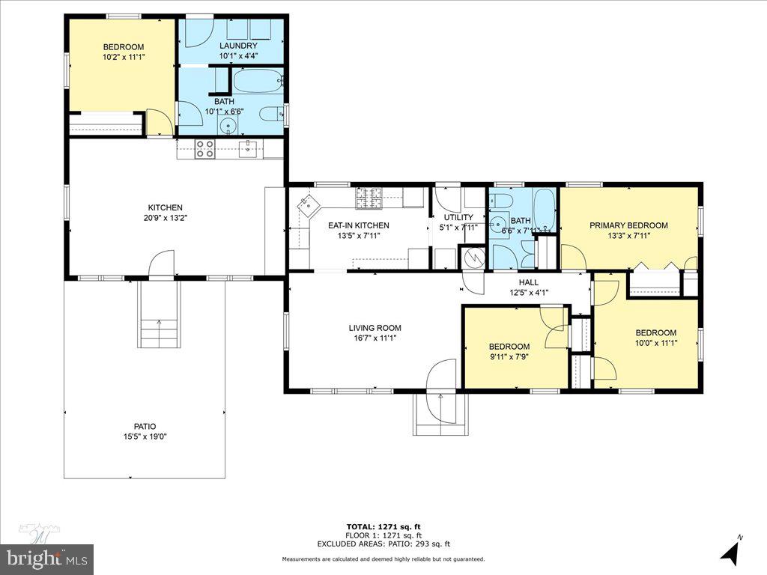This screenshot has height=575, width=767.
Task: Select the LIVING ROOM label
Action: click(375, 328)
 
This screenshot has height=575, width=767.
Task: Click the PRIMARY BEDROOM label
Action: click(628, 225)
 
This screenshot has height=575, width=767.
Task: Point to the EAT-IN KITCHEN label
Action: click(358, 225)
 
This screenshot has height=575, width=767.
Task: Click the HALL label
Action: click(528, 282)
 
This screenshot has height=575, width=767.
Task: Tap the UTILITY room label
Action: click(458, 218)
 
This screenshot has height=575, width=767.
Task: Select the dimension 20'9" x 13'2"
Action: click(165, 218)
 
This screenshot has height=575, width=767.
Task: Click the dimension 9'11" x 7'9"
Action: click(509, 356)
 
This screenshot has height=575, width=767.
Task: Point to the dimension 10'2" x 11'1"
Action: click(124, 56)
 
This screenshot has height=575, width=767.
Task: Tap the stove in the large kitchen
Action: click(205, 149)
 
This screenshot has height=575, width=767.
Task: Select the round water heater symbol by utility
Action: click(472, 258)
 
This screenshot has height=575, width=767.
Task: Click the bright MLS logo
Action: click(46, 558)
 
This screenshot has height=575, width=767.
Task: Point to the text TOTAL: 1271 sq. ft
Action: click(383, 526)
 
